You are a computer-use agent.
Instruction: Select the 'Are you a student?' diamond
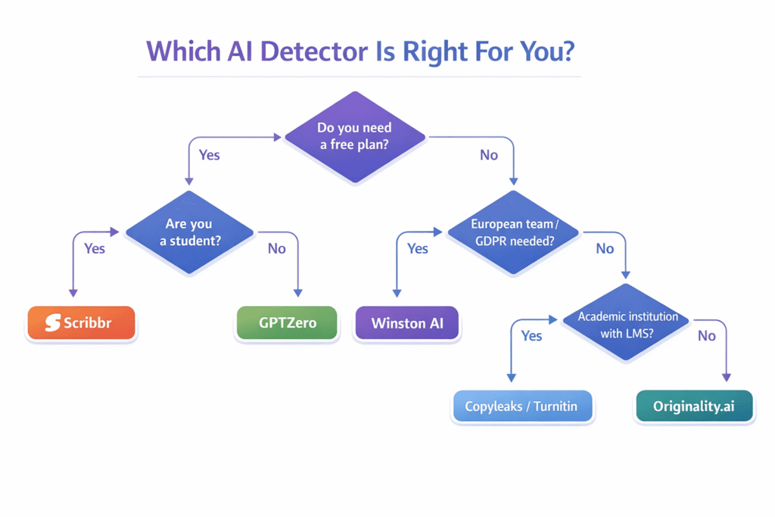tap(189, 232)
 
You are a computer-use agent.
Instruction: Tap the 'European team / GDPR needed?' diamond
tap(512, 232)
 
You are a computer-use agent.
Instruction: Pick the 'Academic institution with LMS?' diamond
tap(627, 324)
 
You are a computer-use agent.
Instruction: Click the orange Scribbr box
tap(81, 323)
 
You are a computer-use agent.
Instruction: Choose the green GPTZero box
tap(288, 323)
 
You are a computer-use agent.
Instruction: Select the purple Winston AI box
tap(408, 323)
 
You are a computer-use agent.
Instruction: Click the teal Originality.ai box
tap(694, 406)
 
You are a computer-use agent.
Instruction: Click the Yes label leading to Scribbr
tap(94, 248)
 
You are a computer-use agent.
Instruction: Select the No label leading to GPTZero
tap(276, 248)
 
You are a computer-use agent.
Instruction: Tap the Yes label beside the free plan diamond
tap(209, 154)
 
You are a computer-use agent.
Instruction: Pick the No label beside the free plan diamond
tap(489, 154)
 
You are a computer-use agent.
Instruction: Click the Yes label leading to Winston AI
tap(417, 248)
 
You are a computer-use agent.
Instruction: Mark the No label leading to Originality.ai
tap(706, 335)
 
